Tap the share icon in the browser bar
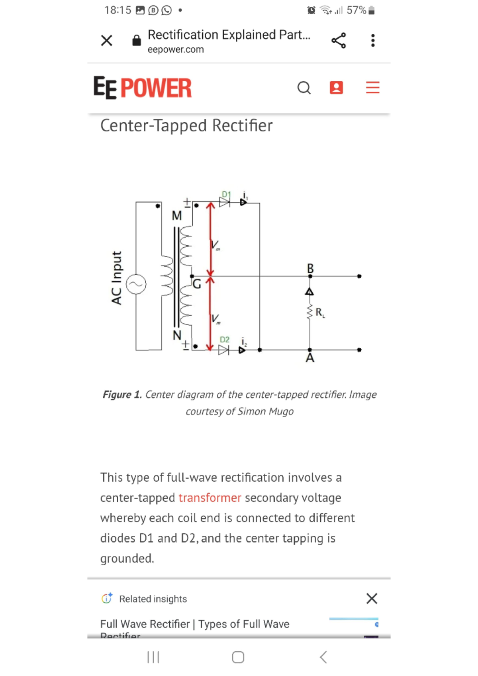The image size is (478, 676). click(339, 40)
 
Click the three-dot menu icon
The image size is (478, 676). click(373, 40)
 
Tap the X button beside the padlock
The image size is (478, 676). click(106, 40)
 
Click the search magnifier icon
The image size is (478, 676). click(304, 88)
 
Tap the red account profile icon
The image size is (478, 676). click(336, 88)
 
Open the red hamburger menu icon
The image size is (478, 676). click(372, 88)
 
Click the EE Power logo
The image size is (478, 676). click(143, 88)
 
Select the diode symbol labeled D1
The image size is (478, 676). click(225, 202)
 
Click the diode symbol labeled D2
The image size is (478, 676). click(223, 350)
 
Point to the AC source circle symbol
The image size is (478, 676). click(136, 284)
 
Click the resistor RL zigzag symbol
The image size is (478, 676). click(310, 312)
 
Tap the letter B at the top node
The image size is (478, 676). click(310, 268)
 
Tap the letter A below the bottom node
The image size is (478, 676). click(310, 358)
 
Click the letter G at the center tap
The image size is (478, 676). click(197, 284)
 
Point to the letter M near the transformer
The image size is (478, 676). click(176, 216)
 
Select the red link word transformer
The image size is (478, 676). click(210, 498)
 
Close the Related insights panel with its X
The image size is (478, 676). click(372, 598)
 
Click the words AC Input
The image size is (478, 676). click(116, 278)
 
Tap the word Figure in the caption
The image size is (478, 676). click(117, 395)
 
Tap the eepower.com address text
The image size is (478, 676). click(176, 49)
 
